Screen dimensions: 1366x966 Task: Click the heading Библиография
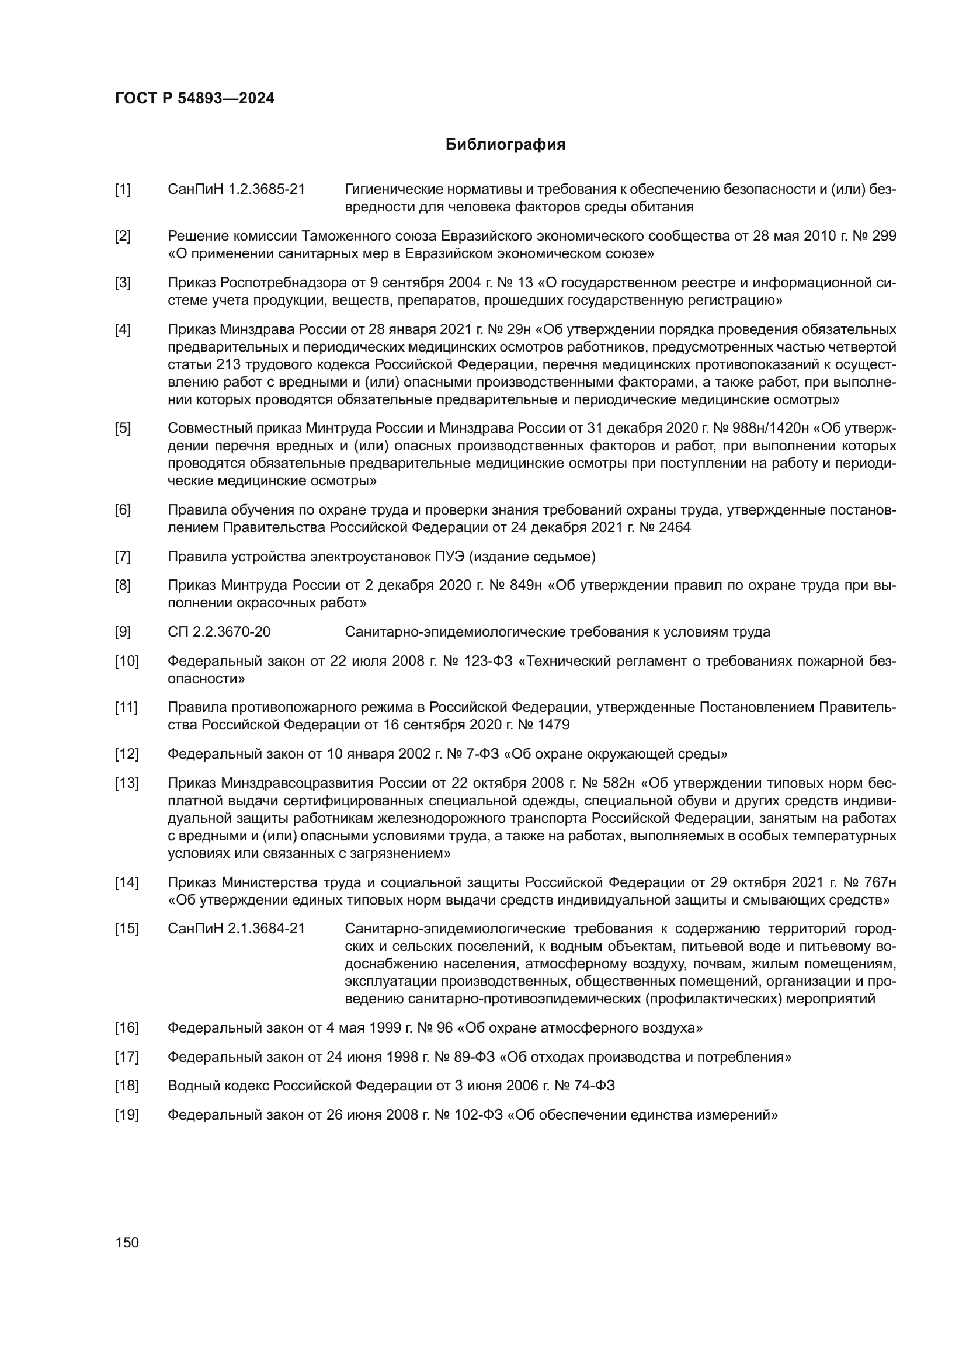tap(505, 145)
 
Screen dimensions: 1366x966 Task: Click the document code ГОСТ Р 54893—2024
tap(194, 99)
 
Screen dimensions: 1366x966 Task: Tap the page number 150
tap(127, 1242)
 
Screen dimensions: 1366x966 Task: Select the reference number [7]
tap(123, 557)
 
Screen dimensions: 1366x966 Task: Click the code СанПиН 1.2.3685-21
tap(236, 190)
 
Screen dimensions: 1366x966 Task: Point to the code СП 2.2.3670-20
tap(219, 632)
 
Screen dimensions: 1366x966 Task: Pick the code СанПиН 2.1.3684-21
tap(236, 929)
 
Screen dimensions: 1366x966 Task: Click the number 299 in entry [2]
tap(884, 236)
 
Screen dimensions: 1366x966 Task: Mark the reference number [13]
tap(126, 784)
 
